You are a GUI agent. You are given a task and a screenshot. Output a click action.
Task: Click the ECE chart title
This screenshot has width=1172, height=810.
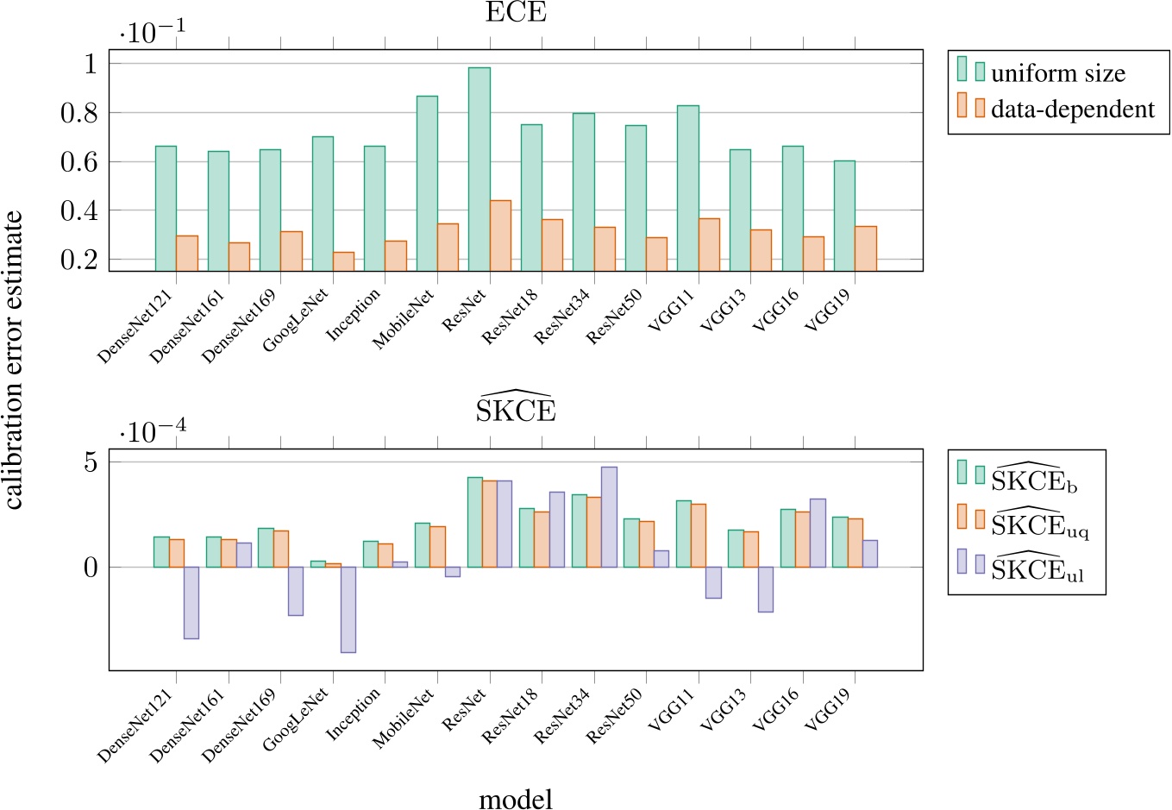click(516, 13)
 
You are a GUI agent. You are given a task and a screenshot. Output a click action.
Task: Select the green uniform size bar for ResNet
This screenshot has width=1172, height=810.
click(479, 168)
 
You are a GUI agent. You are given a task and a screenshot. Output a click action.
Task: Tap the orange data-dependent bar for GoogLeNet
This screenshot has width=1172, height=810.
click(343, 261)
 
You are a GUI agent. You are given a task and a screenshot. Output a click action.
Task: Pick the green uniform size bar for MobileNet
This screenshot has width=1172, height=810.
click(427, 183)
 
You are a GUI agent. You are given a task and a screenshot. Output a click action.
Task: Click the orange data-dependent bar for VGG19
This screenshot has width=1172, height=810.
click(865, 248)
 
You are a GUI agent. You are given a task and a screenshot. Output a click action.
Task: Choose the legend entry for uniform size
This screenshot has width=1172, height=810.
click(1058, 73)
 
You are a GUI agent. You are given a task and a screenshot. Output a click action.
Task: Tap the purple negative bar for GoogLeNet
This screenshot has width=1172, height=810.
click(348, 609)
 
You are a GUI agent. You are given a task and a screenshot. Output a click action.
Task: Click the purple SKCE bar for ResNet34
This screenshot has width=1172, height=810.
click(609, 517)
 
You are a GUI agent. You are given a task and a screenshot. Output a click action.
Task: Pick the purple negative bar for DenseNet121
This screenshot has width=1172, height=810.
click(191, 602)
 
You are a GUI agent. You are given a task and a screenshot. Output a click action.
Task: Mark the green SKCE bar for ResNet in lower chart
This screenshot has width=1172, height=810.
click(474, 522)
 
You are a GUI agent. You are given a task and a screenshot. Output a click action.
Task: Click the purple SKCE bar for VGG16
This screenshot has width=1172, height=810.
click(817, 532)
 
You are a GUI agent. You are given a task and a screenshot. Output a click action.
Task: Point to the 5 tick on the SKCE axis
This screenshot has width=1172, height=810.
click(90, 462)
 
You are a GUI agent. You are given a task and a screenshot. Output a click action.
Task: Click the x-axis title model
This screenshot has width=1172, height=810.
click(516, 798)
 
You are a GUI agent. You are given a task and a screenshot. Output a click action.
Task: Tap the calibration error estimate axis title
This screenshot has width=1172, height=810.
click(14, 361)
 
